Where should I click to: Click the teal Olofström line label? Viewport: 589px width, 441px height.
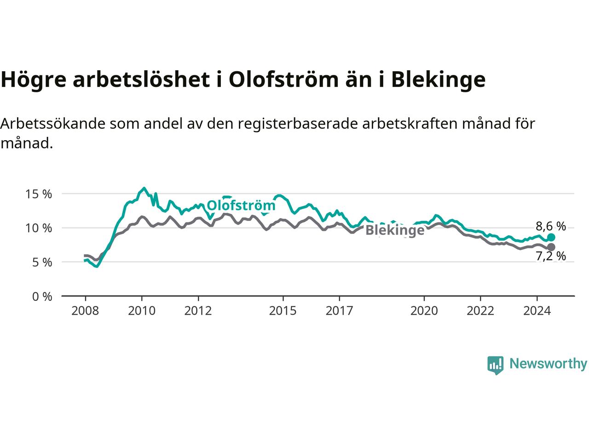pyautogui.click(x=241, y=206)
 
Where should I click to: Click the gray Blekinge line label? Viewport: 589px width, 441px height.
pyautogui.click(x=395, y=230)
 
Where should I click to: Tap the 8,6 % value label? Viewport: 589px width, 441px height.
pyautogui.click(x=551, y=226)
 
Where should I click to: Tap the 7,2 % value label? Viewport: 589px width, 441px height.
pyautogui.click(x=551, y=256)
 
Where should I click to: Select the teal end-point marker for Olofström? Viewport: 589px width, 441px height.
pyautogui.click(x=551, y=237)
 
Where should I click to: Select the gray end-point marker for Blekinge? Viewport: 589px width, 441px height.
pyautogui.click(x=551, y=247)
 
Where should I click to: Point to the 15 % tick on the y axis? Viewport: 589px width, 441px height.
pyautogui.click(x=38, y=194)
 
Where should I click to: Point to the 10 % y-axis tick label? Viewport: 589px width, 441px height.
pyautogui.click(x=38, y=228)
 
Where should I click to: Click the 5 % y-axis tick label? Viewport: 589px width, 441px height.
pyautogui.click(x=42, y=262)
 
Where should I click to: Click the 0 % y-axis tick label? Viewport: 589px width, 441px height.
pyautogui.click(x=42, y=297)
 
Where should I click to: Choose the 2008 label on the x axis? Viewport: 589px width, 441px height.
pyautogui.click(x=85, y=311)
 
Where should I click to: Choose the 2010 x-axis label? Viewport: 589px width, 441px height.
pyautogui.click(x=142, y=311)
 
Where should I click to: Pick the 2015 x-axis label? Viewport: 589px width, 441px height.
pyautogui.click(x=283, y=311)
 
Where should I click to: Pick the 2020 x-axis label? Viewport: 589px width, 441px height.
pyautogui.click(x=424, y=311)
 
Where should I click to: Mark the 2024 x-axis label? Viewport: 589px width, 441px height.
pyautogui.click(x=537, y=311)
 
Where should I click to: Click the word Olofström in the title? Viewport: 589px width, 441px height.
pyautogui.click(x=283, y=79)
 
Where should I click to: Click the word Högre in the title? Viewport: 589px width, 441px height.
pyautogui.click(x=34, y=80)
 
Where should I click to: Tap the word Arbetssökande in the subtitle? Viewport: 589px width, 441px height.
pyautogui.click(x=53, y=124)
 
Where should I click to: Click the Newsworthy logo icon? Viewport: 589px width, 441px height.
pyautogui.click(x=495, y=365)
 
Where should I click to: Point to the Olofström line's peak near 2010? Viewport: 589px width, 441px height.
pyautogui.click(x=144, y=188)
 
